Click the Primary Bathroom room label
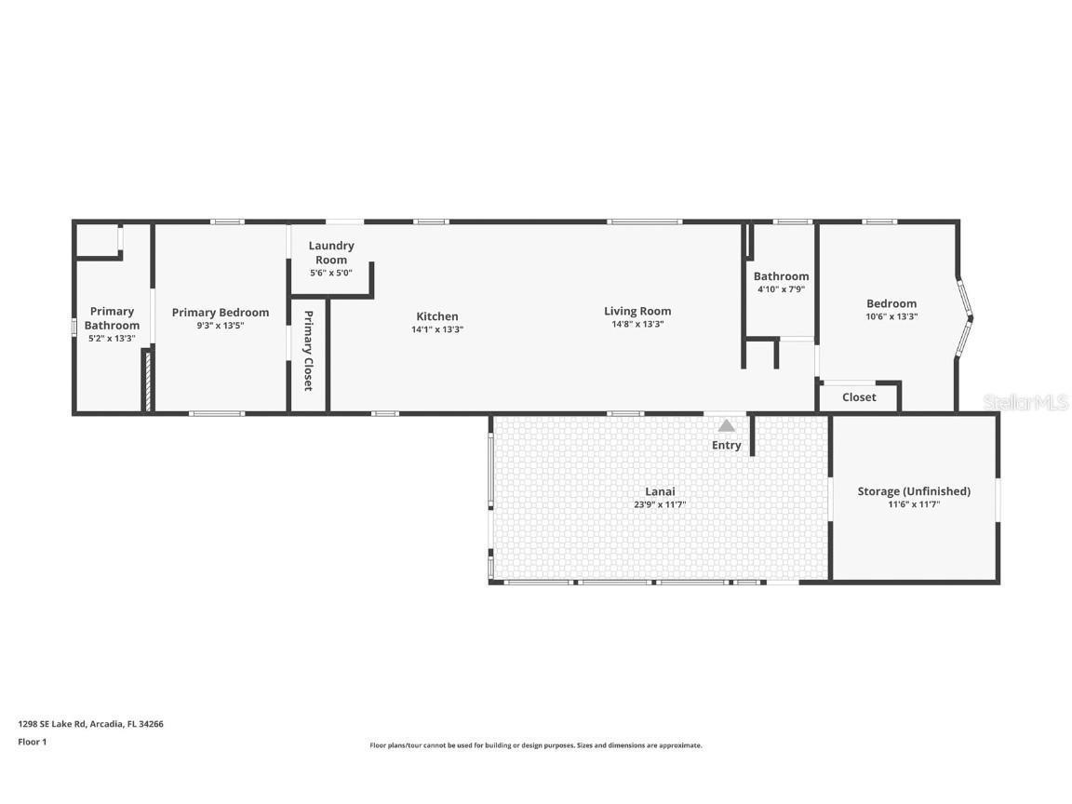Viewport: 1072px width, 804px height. point(112,318)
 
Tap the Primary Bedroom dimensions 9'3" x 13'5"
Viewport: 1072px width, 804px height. point(221,326)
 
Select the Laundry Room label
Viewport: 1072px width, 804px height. point(331,252)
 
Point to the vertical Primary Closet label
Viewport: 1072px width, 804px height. point(308,351)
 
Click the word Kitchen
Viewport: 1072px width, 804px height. point(436,316)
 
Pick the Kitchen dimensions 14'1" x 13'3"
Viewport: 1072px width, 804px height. point(436,329)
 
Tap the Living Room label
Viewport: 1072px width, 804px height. point(637,311)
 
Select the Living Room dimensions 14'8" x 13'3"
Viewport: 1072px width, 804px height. point(637,325)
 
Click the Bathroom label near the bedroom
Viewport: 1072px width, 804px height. point(781,276)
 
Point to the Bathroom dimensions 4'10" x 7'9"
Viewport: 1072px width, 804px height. point(781,289)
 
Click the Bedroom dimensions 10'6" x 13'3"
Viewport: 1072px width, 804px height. point(891,316)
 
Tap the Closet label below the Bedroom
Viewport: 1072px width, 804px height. point(859,397)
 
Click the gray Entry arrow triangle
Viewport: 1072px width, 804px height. point(727,426)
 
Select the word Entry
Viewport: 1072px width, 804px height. point(727,446)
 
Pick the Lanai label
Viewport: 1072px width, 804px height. point(660,491)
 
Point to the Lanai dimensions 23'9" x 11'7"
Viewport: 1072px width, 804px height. point(660,504)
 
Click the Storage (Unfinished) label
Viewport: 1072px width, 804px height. point(913,491)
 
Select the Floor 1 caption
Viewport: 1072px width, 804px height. point(32,742)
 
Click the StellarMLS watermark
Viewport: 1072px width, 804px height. point(1025,402)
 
